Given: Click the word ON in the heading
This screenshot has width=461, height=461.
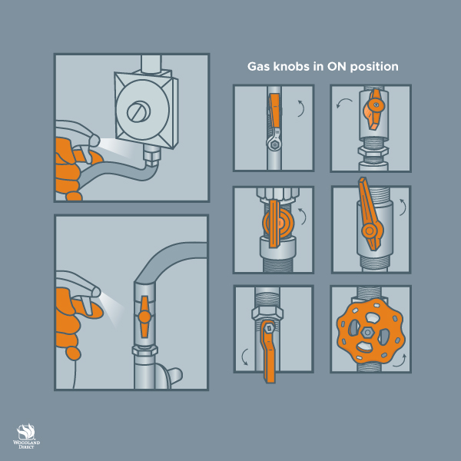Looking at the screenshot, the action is pyautogui.click(x=337, y=66).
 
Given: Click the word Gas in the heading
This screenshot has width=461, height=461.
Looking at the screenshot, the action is pyautogui.click(x=259, y=66).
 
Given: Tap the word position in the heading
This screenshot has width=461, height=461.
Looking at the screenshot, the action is pyautogui.click(x=374, y=67).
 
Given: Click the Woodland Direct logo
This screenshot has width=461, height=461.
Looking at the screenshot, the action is pyautogui.click(x=26, y=436).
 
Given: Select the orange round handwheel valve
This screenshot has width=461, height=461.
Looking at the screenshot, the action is pyautogui.click(x=370, y=330).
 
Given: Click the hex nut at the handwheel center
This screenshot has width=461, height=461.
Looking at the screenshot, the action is pyautogui.click(x=367, y=332).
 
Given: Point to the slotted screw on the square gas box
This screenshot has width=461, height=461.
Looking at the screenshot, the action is pyautogui.click(x=138, y=112).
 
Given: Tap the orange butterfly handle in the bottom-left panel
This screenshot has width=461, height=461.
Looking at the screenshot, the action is pyautogui.click(x=144, y=317).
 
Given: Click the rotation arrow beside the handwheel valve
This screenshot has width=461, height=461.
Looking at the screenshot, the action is pyautogui.click(x=400, y=361).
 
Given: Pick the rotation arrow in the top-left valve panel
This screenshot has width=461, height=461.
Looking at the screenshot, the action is pyautogui.click(x=302, y=108).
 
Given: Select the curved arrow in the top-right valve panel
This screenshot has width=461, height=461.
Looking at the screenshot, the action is pyautogui.click(x=343, y=102).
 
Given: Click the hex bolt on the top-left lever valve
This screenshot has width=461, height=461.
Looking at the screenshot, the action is pyautogui.click(x=274, y=144).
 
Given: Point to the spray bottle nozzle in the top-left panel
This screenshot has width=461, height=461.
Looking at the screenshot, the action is pyautogui.click(x=95, y=140).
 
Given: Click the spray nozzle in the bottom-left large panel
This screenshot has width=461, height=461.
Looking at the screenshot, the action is pyautogui.click(x=95, y=292).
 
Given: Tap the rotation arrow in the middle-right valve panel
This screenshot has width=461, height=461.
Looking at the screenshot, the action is pyautogui.click(x=403, y=207).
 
